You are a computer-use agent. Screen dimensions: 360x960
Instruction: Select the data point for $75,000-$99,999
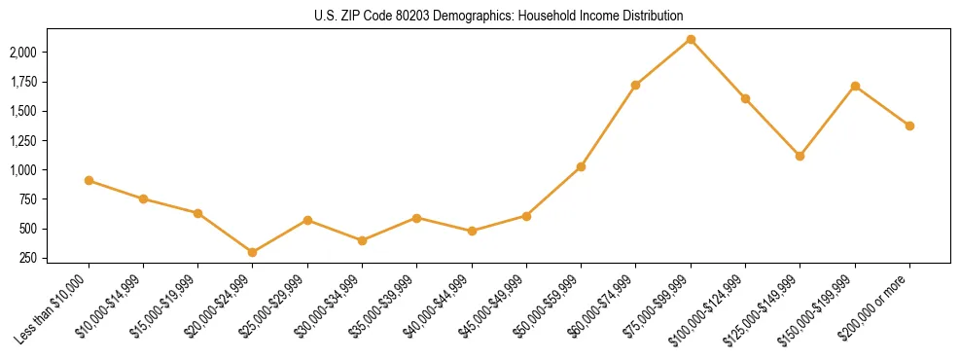pyautogui.click(x=691, y=39)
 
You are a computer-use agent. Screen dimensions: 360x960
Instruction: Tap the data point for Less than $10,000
pyautogui.click(x=89, y=180)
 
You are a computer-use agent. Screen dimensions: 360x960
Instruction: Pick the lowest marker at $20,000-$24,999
pyautogui.click(x=253, y=252)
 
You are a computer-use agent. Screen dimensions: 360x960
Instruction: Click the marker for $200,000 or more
pyautogui.click(x=909, y=126)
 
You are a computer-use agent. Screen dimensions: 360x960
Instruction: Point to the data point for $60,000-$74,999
pyautogui.click(x=636, y=85)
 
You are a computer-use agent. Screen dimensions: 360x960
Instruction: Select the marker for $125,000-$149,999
pyautogui.click(x=800, y=156)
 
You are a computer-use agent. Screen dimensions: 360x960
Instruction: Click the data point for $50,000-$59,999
pyautogui.click(x=581, y=166)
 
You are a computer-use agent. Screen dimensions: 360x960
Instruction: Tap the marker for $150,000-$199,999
pyautogui.click(x=855, y=86)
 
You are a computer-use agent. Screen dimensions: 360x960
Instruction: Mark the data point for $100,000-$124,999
pyautogui.click(x=745, y=98)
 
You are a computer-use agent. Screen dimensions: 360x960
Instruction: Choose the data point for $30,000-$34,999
pyautogui.click(x=362, y=240)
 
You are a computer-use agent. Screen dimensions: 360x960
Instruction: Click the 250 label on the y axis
pyautogui.click(x=28, y=258)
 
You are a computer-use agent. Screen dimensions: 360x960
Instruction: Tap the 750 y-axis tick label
pyautogui.click(x=28, y=199)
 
